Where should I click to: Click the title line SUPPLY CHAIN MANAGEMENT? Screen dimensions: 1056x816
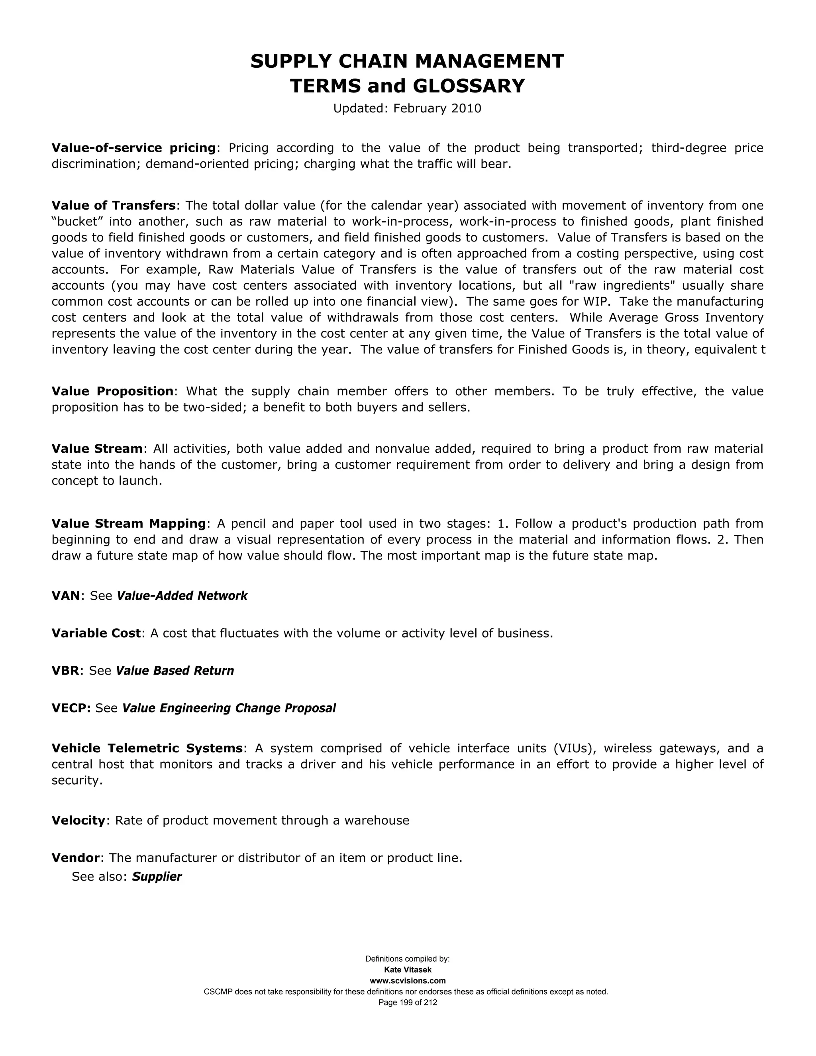pos(407,61)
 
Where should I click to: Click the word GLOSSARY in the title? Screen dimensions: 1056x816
pos(469,86)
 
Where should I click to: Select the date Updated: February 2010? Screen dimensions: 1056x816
pos(407,108)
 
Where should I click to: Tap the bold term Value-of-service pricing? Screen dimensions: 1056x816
pos(133,148)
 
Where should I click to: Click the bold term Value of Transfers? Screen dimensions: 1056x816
pos(114,206)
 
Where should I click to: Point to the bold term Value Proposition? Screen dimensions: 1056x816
pos(112,391)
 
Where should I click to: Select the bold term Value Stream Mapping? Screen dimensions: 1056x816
pos(129,524)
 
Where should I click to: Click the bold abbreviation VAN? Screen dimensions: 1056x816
pos(65,596)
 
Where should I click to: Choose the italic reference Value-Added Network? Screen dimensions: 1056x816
pos(182,596)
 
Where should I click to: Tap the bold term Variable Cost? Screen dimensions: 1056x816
pos(96,634)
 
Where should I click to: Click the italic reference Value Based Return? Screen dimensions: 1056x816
pos(175,671)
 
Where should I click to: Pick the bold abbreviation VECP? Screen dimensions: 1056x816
pos(71,709)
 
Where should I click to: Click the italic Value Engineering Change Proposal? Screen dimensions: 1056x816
pos(229,709)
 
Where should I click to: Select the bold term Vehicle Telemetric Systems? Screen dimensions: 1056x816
pos(147,748)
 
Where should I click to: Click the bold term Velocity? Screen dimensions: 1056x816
pos(78,820)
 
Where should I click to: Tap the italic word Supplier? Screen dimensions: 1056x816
pos(157,877)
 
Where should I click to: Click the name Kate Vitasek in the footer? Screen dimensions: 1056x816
pos(408,970)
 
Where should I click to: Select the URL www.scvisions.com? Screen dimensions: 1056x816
pos(408,981)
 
